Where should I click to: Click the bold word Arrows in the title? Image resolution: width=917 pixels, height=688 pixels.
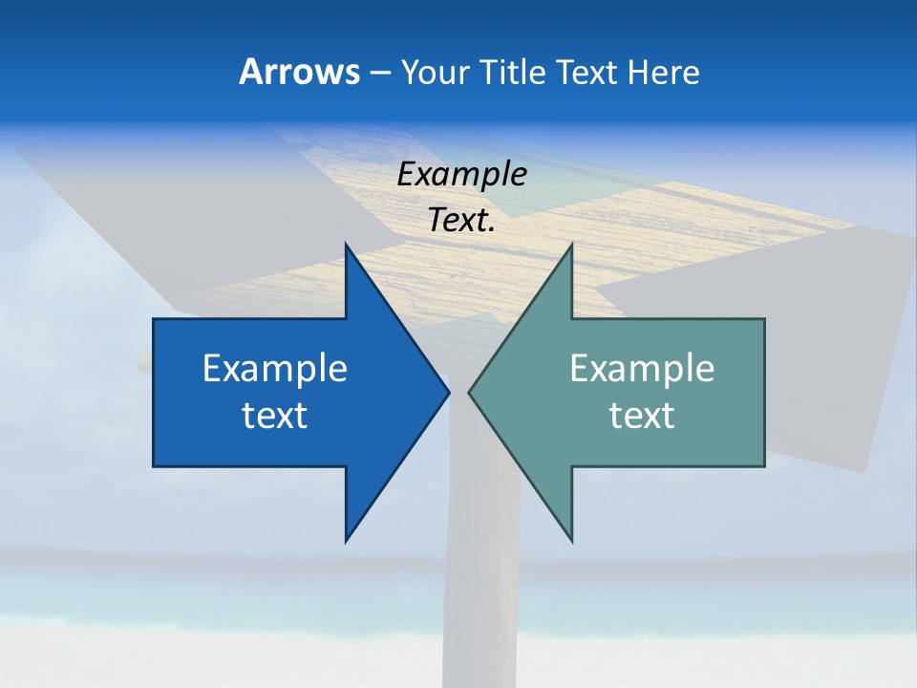299,72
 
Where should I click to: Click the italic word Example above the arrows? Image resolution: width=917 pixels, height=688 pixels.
462,175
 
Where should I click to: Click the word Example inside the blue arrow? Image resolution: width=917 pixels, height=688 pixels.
275,369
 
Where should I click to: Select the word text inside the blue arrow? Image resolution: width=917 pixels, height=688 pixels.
275,416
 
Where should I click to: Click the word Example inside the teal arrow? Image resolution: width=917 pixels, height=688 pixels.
642,369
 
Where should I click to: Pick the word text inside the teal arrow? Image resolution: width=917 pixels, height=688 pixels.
642,416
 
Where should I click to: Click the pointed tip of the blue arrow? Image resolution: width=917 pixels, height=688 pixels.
447,392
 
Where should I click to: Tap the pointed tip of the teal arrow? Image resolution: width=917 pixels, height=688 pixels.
470,392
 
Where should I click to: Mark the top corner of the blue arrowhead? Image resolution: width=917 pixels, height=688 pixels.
346,245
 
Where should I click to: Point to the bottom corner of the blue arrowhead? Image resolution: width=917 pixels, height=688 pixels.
346,540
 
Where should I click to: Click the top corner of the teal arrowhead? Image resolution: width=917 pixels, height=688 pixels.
571,245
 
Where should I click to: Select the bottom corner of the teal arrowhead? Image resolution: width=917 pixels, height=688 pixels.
571,540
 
